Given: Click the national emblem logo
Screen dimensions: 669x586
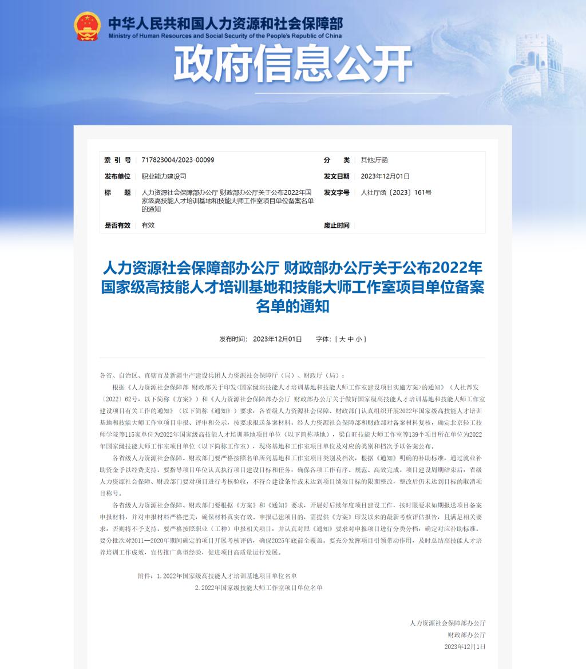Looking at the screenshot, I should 88,26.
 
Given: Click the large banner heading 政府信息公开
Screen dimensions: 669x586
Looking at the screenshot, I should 293,64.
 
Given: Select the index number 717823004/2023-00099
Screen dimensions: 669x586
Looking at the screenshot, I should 178,160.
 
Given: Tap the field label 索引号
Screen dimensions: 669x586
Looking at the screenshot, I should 117,160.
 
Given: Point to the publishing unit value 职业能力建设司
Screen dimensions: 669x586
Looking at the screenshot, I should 164,176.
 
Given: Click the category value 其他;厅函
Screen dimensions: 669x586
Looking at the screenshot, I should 374,160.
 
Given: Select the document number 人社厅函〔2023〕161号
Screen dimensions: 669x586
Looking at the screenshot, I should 396,193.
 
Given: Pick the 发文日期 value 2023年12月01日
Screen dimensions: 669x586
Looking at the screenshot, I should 385,176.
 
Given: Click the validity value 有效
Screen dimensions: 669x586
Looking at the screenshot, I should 148,225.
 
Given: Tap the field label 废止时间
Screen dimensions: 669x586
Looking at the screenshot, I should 336,225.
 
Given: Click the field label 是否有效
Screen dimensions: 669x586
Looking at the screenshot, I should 117,225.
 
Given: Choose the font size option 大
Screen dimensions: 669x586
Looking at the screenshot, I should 342,339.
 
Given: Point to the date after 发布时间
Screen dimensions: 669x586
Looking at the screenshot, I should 277,339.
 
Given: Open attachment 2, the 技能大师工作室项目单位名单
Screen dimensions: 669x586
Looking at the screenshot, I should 259,588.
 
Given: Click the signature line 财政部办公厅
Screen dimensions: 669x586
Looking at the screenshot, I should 466,635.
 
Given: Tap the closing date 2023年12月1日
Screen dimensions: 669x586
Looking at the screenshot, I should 465,647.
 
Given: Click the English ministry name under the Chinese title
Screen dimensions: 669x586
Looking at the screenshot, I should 225,35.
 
